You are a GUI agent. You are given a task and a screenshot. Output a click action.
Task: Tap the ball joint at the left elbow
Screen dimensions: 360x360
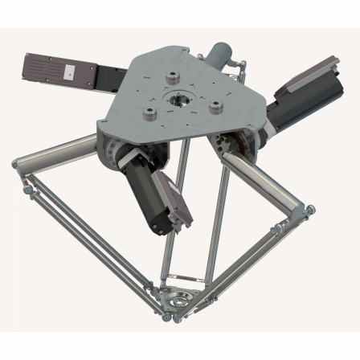click(x=17, y=164)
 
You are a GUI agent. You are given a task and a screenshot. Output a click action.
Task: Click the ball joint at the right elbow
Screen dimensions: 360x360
click(x=309, y=211)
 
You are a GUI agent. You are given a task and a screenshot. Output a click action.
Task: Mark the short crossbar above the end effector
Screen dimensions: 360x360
click(x=180, y=280)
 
